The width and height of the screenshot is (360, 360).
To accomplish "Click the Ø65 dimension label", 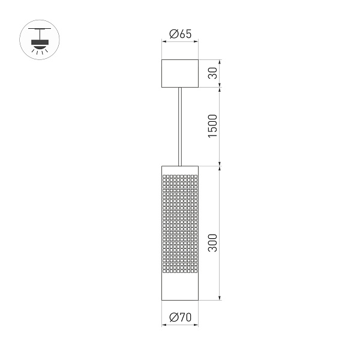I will point(180,34).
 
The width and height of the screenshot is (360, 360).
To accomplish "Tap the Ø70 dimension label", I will point(180,318).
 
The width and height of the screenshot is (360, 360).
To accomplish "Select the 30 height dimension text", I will point(213,73).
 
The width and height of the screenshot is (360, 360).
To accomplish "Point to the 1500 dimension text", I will point(213,125).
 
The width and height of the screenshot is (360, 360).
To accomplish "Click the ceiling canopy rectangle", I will point(180,73).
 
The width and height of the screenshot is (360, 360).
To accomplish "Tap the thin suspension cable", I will point(180,125).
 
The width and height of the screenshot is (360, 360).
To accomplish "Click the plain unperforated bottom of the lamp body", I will point(180,288).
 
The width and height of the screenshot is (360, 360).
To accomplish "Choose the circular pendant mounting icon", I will point(40,40).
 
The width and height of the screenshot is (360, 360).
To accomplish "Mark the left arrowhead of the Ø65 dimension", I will point(164,41).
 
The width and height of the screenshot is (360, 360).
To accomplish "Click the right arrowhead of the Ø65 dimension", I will point(196,41).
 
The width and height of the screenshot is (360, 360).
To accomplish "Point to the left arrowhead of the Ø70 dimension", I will point(164,325).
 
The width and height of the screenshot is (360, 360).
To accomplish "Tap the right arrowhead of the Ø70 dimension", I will point(196,325).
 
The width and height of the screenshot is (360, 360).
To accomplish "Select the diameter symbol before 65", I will point(173,34).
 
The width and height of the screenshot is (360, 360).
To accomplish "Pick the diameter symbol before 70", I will point(173,318).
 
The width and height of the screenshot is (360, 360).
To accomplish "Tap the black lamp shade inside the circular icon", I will point(40,43).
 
